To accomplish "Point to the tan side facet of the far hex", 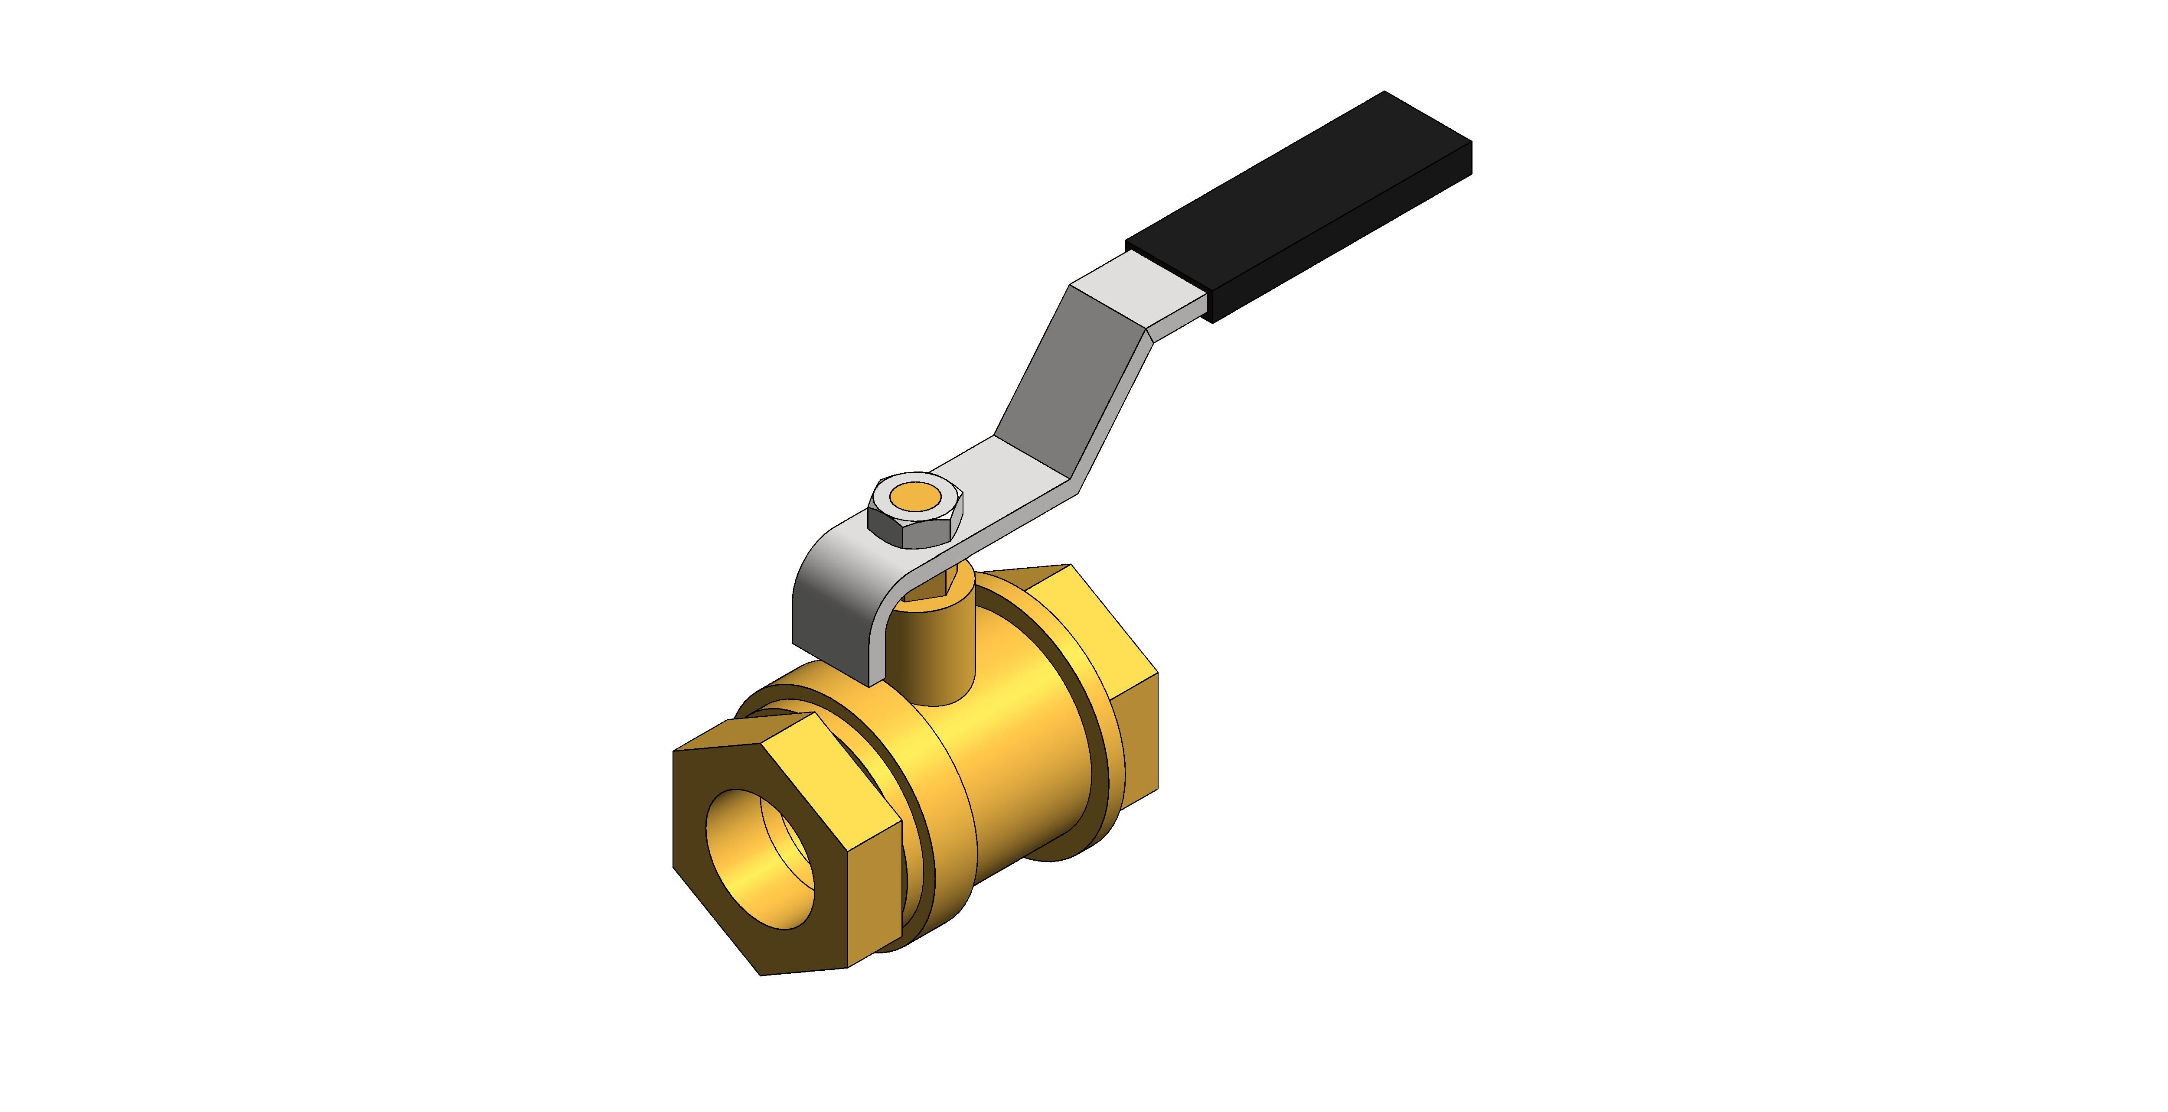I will (1136, 732).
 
